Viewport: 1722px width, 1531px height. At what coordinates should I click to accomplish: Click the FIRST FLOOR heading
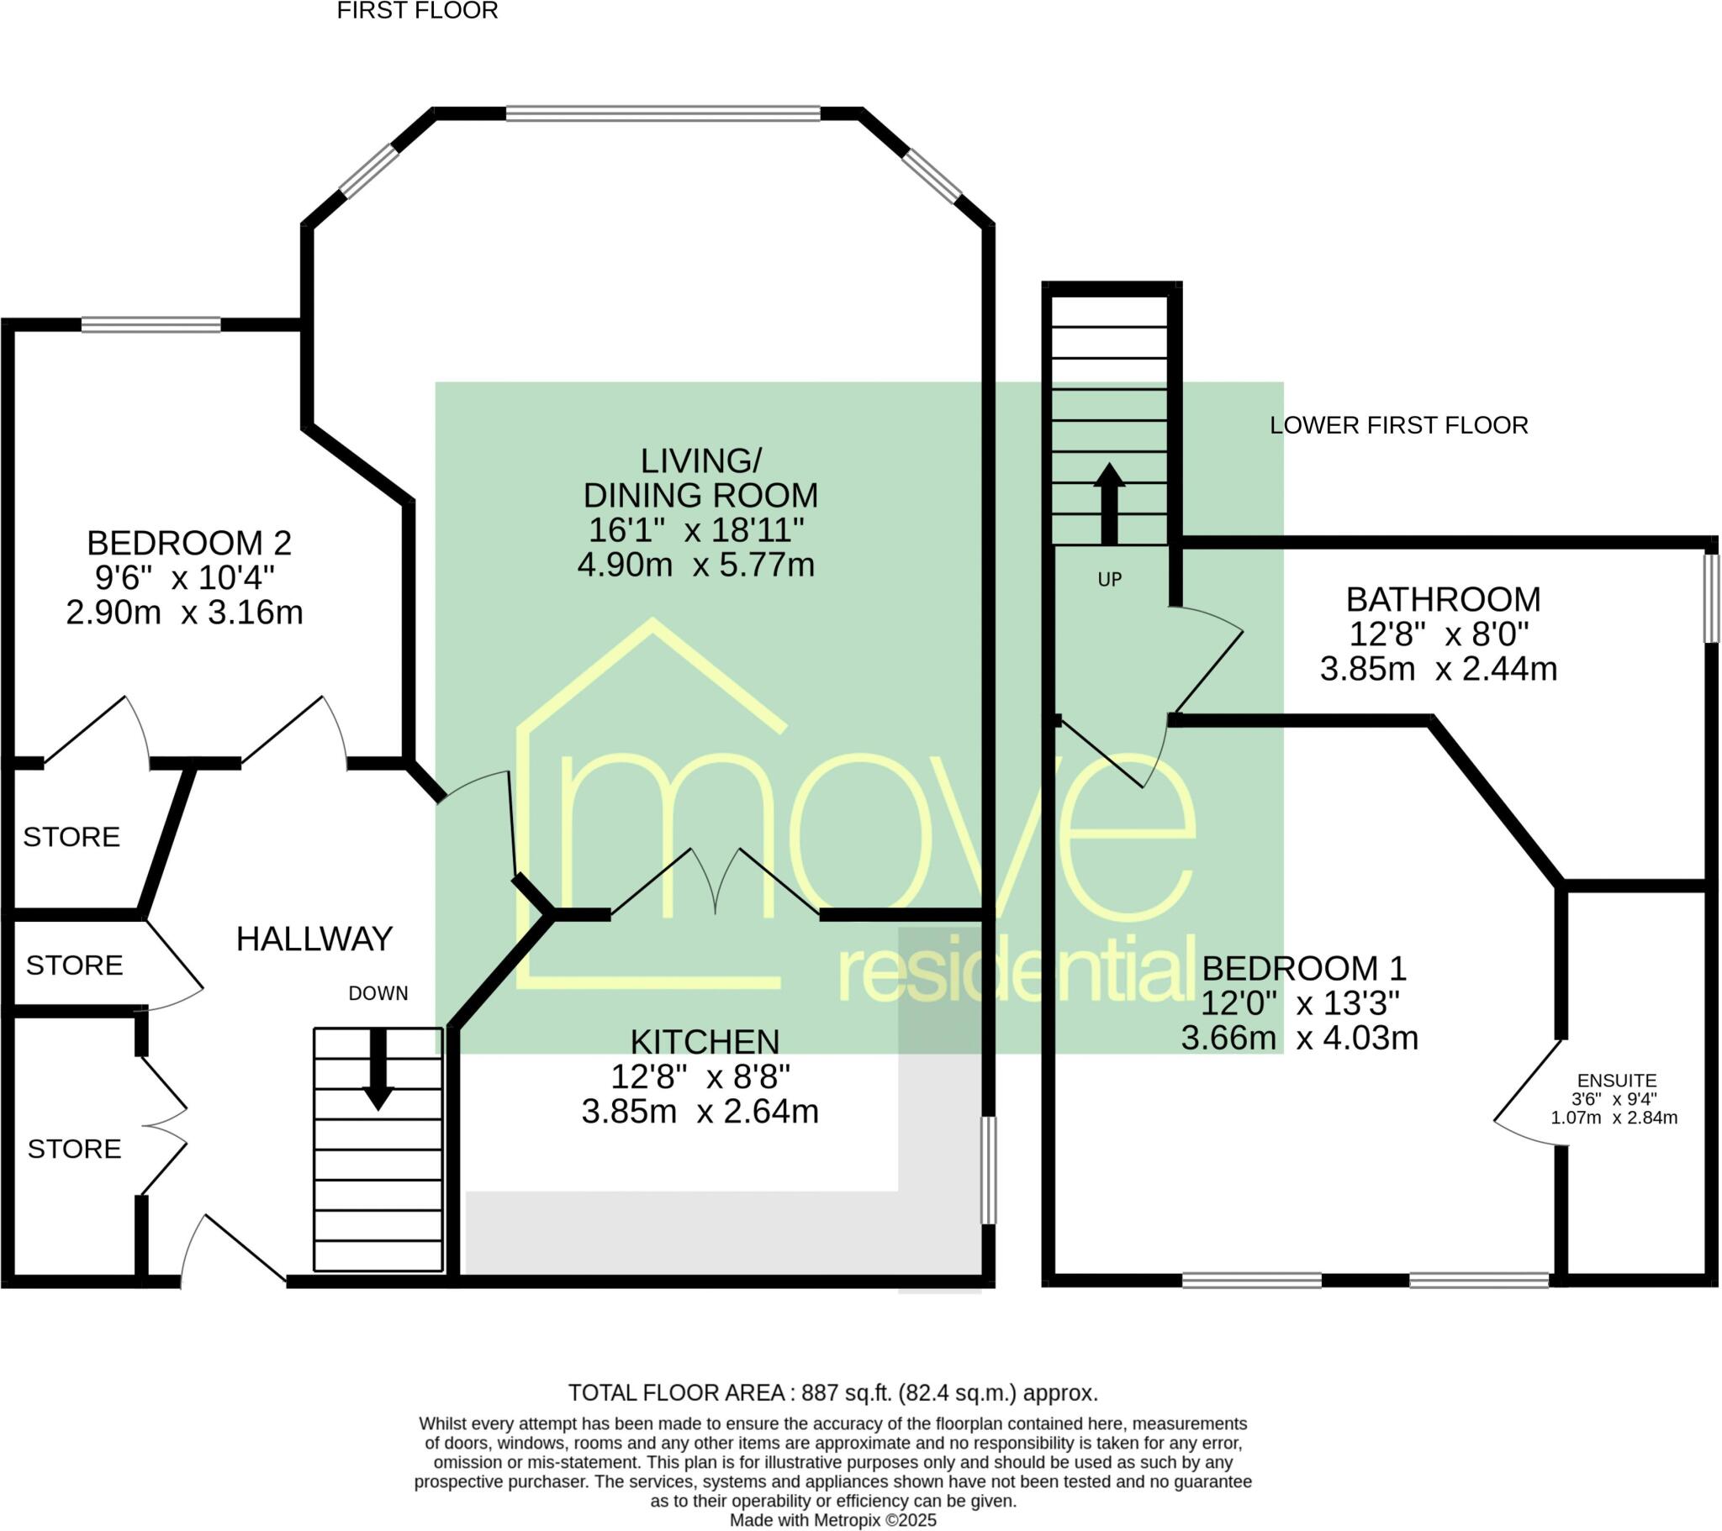coord(417,11)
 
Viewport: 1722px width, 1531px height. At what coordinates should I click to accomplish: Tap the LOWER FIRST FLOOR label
coord(1398,425)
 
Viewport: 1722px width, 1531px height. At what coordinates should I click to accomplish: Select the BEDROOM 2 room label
coord(188,543)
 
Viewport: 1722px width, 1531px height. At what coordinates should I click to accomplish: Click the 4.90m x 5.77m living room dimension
coord(696,564)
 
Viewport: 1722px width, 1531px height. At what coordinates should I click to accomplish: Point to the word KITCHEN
coord(705,1043)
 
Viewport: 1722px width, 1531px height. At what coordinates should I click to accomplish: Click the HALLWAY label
coord(314,939)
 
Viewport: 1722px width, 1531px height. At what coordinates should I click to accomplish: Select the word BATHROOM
coord(1442,600)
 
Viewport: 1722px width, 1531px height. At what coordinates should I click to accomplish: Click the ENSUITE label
coord(1616,1081)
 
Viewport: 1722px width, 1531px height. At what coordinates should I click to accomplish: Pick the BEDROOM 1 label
coord(1303,969)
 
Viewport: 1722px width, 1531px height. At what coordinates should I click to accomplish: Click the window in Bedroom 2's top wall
coord(151,324)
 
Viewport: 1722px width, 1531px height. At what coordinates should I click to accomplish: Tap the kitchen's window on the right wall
coord(988,1170)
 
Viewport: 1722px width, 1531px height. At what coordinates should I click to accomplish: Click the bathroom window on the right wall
coord(1710,598)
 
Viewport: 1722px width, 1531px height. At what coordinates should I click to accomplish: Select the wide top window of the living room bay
coord(663,113)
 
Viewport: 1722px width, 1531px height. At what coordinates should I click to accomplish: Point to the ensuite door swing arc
coord(1525,1095)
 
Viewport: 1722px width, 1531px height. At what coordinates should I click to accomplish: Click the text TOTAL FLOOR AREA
coord(679,1394)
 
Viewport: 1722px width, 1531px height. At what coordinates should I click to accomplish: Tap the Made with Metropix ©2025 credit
coord(832,1520)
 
